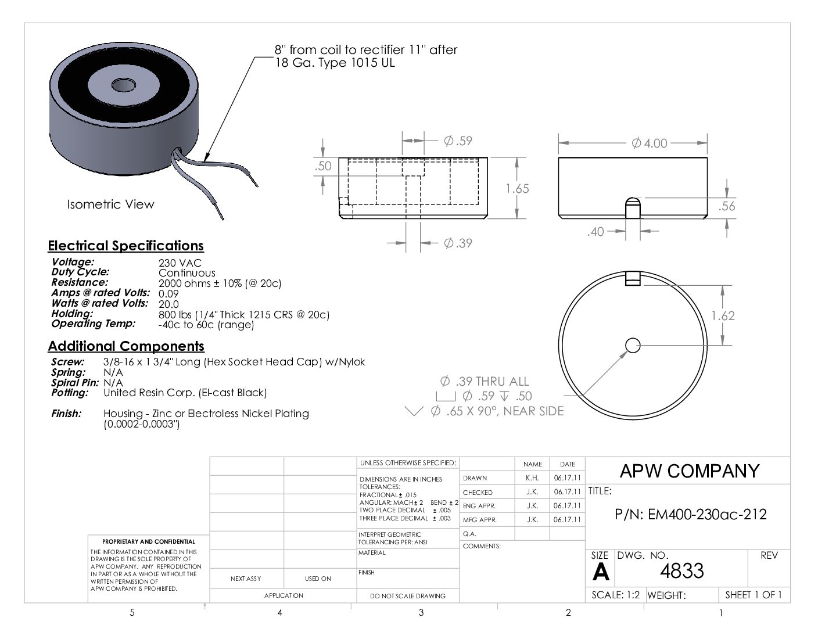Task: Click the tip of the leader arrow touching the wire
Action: point(204,161)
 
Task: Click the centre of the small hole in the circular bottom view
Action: point(633,345)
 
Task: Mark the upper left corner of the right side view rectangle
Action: point(559,158)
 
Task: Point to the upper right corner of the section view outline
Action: point(487,158)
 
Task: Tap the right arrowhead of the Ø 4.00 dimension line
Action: point(702,143)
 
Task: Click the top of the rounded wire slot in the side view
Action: point(633,198)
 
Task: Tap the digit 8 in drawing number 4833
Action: point(676,570)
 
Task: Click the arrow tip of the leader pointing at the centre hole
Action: point(627,351)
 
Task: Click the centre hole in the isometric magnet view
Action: point(124,85)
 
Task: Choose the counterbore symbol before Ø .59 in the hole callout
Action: point(446,396)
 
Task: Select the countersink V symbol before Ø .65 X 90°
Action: point(414,411)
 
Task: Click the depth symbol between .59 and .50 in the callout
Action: point(504,396)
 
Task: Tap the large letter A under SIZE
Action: point(600,572)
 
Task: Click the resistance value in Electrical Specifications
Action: point(220,283)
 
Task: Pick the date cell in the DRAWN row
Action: point(567,478)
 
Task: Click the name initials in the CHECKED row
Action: point(532,492)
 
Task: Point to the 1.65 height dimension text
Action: point(517,189)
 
